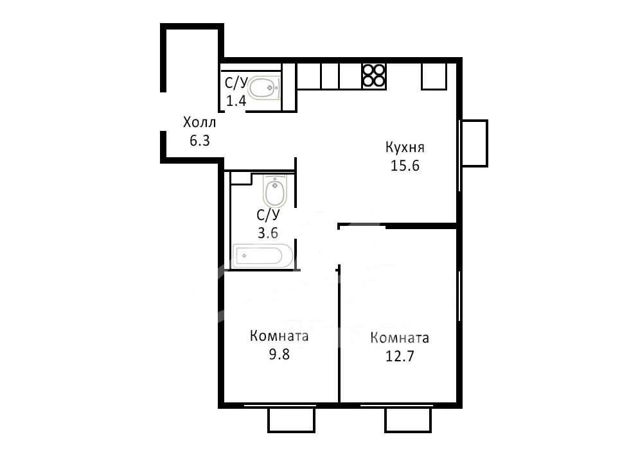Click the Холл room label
(x=199, y=122)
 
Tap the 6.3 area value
(x=199, y=141)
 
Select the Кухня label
(x=405, y=147)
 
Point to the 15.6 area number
(x=405, y=166)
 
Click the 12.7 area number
(x=400, y=356)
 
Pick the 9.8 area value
(x=279, y=354)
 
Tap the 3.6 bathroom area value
(x=268, y=233)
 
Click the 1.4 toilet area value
(x=236, y=101)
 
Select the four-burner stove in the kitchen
(x=374, y=76)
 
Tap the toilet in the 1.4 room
(x=264, y=88)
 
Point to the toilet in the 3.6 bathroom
(x=275, y=191)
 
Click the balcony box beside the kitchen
(x=474, y=143)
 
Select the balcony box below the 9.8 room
(x=291, y=420)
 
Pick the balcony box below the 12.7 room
(x=408, y=420)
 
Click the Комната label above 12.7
(x=400, y=338)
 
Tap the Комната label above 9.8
(x=279, y=336)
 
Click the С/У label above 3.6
(x=268, y=214)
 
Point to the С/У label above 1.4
(x=236, y=83)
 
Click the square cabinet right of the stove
(x=434, y=76)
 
